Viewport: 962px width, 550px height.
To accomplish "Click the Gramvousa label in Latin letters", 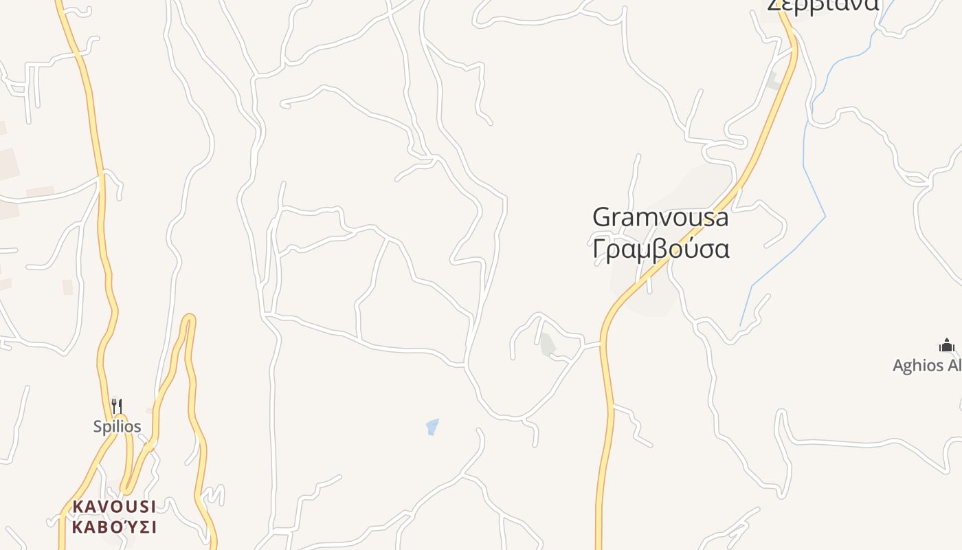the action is click(x=660, y=217).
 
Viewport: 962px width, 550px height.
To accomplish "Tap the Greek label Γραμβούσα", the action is click(x=660, y=249).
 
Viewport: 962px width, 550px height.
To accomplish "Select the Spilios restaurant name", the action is click(x=118, y=426).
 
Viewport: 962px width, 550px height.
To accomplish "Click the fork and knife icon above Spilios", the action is click(x=117, y=406).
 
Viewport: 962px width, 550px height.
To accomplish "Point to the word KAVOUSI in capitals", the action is click(x=114, y=507).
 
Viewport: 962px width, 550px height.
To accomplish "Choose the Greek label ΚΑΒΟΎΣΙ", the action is click(x=114, y=527).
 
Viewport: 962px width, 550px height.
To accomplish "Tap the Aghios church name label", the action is click(x=928, y=365).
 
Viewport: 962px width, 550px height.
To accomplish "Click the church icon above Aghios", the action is click(x=947, y=345).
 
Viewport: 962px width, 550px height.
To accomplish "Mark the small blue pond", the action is click(x=432, y=427).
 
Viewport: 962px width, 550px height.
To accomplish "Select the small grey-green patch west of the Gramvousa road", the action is click(x=547, y=344).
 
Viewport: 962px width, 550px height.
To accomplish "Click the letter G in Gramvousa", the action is click(x=602, y=217).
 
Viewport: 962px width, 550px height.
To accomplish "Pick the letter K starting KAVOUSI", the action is click(x=78, y=507).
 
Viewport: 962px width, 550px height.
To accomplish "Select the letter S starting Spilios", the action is click(x=98, y=426).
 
